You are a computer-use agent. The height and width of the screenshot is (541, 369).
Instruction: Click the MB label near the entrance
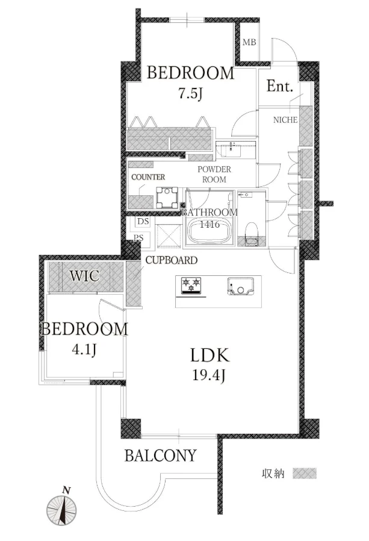coord(249,42)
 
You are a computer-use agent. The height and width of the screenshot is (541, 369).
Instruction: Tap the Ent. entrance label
coord(280,86)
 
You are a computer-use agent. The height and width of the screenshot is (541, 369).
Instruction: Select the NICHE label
coord(285,120)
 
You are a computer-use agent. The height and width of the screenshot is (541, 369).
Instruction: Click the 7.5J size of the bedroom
coord(190,93)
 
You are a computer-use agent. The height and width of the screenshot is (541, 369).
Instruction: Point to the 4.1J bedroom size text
coord(84,350)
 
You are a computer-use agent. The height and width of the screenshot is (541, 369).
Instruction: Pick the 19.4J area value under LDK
coord(209,375)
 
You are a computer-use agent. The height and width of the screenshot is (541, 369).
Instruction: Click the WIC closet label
coord(84,276)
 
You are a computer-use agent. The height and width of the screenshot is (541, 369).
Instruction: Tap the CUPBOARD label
coord(172,260)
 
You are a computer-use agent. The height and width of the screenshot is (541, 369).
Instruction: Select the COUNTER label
coord(148,177)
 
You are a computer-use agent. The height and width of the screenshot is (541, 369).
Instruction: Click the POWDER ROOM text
coord(214,174)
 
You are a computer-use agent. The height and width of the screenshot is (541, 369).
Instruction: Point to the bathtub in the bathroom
coord(209,231)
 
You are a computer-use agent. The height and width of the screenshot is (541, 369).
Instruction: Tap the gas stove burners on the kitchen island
coord(191,286)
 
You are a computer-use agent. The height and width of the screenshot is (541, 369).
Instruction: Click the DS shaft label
coord(143,222)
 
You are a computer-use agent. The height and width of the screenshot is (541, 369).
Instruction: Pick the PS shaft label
coord(138,238)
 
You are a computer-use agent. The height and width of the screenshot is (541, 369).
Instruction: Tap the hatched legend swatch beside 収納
coord(305,473)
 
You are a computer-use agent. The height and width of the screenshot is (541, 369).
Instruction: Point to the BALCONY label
coord(160,455)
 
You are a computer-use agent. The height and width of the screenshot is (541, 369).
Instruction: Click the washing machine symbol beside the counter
coord(167,198)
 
